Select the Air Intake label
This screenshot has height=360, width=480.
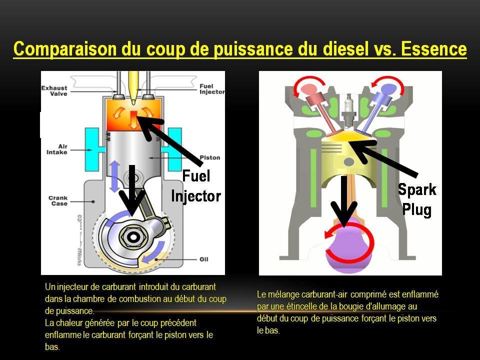tap(56, 149)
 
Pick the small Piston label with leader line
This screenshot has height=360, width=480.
tap(209, 158)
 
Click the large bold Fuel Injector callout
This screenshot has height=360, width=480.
tap(196, 185)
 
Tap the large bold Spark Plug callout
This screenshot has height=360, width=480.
tap(417, 199)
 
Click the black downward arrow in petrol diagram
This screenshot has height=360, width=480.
tap(344, 200)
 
